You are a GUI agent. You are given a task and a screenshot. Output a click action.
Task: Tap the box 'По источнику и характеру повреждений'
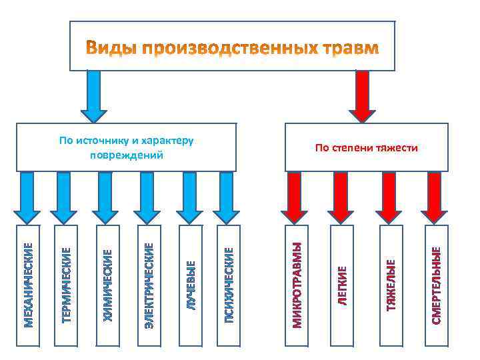(x=126, y=147)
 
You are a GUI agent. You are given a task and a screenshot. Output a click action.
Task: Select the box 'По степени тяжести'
(x=366, y=147)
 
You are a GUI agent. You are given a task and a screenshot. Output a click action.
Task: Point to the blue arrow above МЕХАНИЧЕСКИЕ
(x=27, y=197)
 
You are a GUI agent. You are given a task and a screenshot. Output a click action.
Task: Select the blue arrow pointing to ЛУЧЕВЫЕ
(x=189, y=197)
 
